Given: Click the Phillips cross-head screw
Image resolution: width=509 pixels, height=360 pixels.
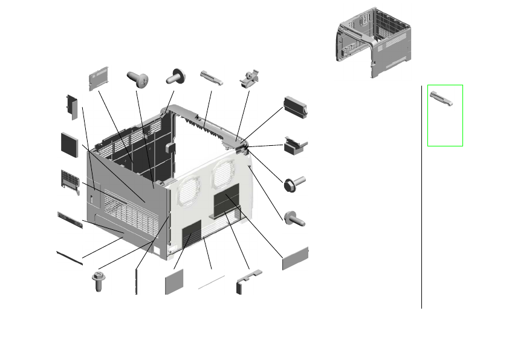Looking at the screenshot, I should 137,79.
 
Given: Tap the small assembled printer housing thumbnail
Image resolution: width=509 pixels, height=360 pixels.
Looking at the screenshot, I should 372,44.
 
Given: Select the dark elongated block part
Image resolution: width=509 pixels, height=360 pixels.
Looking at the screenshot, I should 296,105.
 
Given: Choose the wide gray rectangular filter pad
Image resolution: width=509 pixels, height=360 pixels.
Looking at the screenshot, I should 295,258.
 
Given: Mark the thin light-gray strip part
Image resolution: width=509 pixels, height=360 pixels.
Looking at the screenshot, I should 212,282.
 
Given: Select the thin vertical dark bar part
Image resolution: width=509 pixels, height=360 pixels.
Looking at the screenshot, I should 137,282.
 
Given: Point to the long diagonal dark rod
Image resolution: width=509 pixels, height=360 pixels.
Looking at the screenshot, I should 69,257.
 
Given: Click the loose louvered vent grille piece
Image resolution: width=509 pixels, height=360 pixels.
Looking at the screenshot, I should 71,182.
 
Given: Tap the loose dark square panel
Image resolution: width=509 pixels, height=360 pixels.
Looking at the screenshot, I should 70,143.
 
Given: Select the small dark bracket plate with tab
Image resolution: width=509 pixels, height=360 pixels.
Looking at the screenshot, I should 71,105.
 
